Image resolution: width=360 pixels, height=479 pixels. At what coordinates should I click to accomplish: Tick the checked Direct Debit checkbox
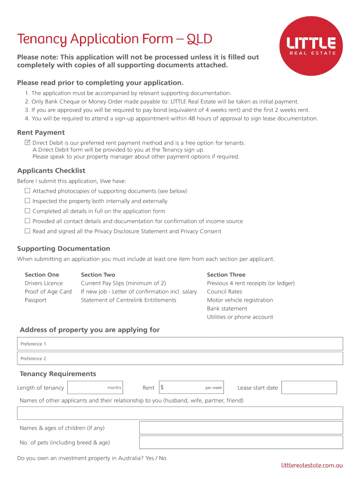28,142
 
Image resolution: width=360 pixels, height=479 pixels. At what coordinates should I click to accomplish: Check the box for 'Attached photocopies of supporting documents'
28,191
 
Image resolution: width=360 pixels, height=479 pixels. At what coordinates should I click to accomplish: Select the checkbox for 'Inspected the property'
28,201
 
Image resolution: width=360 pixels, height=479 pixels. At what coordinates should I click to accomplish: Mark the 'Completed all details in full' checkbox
28,211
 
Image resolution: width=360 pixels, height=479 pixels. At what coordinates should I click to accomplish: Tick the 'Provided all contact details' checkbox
28,221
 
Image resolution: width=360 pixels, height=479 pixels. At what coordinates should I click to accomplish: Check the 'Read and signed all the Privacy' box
28,231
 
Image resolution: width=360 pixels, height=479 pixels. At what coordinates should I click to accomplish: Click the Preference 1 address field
180,344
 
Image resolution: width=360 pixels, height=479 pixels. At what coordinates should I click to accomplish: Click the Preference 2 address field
180,359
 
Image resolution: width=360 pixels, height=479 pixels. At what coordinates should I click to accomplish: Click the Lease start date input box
309,387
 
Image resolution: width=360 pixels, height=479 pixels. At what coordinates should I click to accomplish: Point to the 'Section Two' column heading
98,275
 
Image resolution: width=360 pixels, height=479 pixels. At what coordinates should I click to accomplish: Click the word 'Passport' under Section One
36,300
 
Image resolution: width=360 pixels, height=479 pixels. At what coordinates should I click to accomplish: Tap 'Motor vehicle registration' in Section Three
240,300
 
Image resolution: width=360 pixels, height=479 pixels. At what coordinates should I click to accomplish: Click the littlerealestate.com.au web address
312,465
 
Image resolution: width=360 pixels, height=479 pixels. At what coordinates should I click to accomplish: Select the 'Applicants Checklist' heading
51,171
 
